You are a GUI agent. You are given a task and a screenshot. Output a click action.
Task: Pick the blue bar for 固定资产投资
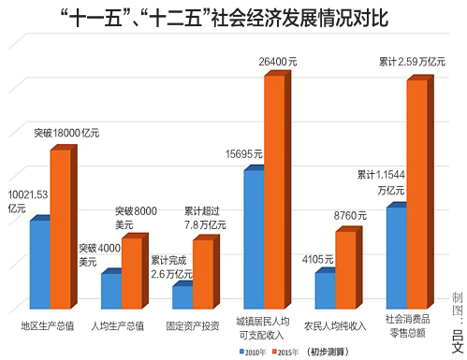tap(182, 297)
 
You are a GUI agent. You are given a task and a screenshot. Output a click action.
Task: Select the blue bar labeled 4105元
tap(325, 291)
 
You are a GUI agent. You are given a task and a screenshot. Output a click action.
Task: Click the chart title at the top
tap(233, 18)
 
